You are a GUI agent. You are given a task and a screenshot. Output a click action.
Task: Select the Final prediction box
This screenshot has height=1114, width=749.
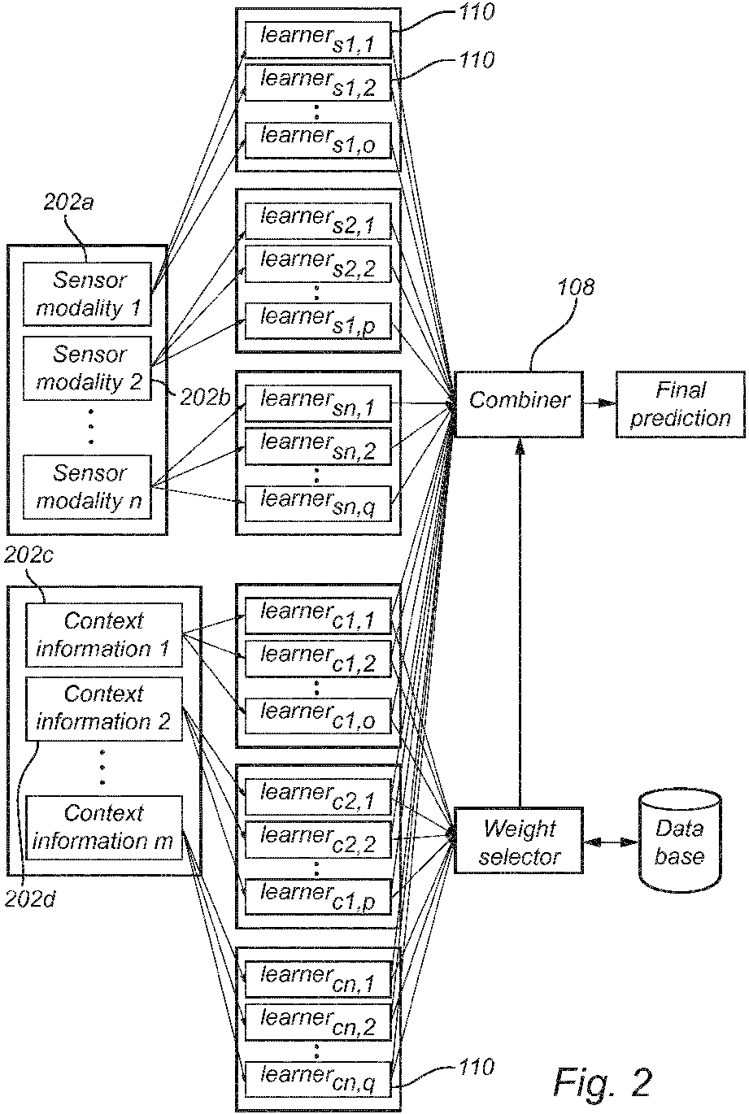click(x=680, y=404)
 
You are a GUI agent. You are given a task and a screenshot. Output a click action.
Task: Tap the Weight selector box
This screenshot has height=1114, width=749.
click(x=519, y=841)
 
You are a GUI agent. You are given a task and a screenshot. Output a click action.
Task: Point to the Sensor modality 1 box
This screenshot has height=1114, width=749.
click(x=88, y=294)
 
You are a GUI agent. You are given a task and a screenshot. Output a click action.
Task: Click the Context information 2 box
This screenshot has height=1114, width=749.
click(x=103, y=707)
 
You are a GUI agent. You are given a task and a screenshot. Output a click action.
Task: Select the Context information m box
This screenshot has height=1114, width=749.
click(x=103, y=827)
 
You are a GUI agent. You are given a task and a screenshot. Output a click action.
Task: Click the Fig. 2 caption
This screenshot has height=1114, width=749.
click(x=603, y=1081)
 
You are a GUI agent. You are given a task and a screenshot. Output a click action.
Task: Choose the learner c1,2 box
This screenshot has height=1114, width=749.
click(x=318, y=659)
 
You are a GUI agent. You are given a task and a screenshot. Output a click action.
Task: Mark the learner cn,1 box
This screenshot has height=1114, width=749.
click(x=318, y=980)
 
